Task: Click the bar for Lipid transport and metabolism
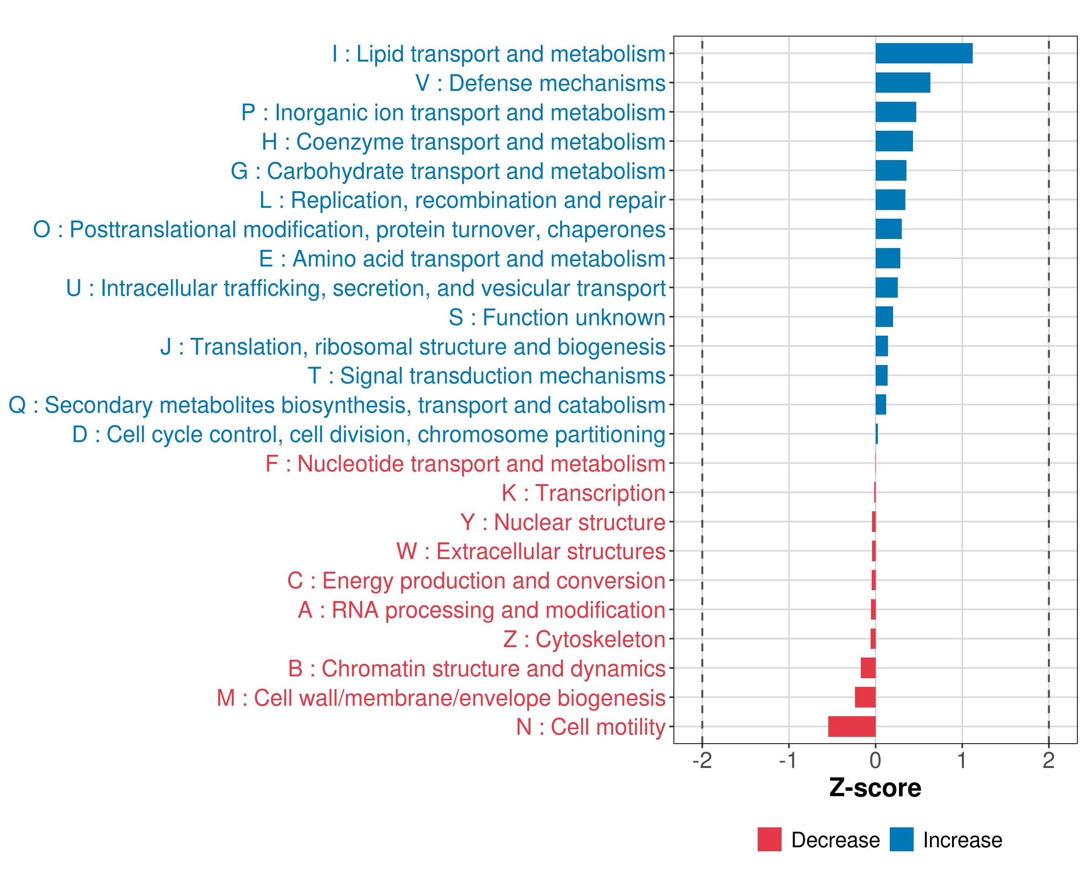(x=923, y=53)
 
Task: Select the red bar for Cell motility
(x=852, y=726)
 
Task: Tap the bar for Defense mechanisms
(x=903, y=83)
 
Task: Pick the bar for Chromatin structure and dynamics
(x=868, y=668)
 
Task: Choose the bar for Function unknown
(x=884, y=317)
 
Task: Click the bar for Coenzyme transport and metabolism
(x=894, y=141)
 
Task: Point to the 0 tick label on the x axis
(x=875, y=760)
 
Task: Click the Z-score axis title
(x=875, y=788)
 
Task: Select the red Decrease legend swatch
(x=769, y=839)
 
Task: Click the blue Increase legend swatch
(x=901, y=839)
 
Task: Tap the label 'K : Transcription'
(x=583, y=493)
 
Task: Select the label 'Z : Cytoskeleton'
(x=584, y=639)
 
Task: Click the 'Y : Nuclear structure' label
(x=563, y=522)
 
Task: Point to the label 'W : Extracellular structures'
(x=531, y=551)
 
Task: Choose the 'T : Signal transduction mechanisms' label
(x=487, y=376)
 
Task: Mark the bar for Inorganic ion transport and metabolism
(x=896, y=112)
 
